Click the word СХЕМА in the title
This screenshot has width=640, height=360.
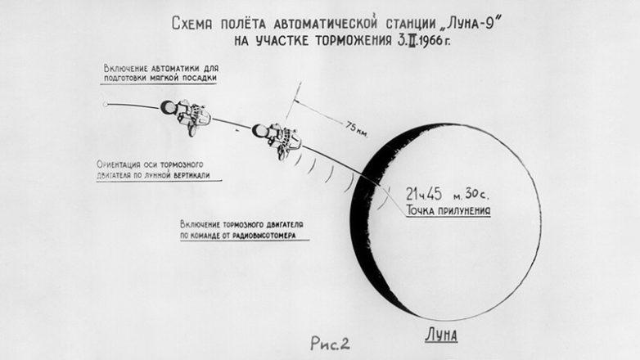192,23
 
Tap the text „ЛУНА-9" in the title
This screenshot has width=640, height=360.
471,23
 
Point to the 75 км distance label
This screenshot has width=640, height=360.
357,129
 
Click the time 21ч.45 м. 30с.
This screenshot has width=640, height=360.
448,194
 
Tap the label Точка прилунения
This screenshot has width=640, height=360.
448,210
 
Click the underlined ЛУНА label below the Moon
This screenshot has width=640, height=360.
442,335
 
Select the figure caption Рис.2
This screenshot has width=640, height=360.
330,344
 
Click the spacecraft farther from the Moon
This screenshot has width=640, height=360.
186,115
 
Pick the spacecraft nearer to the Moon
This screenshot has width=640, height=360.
277,138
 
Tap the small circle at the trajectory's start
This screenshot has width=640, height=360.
106,105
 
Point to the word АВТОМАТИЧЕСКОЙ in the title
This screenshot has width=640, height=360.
325,23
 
